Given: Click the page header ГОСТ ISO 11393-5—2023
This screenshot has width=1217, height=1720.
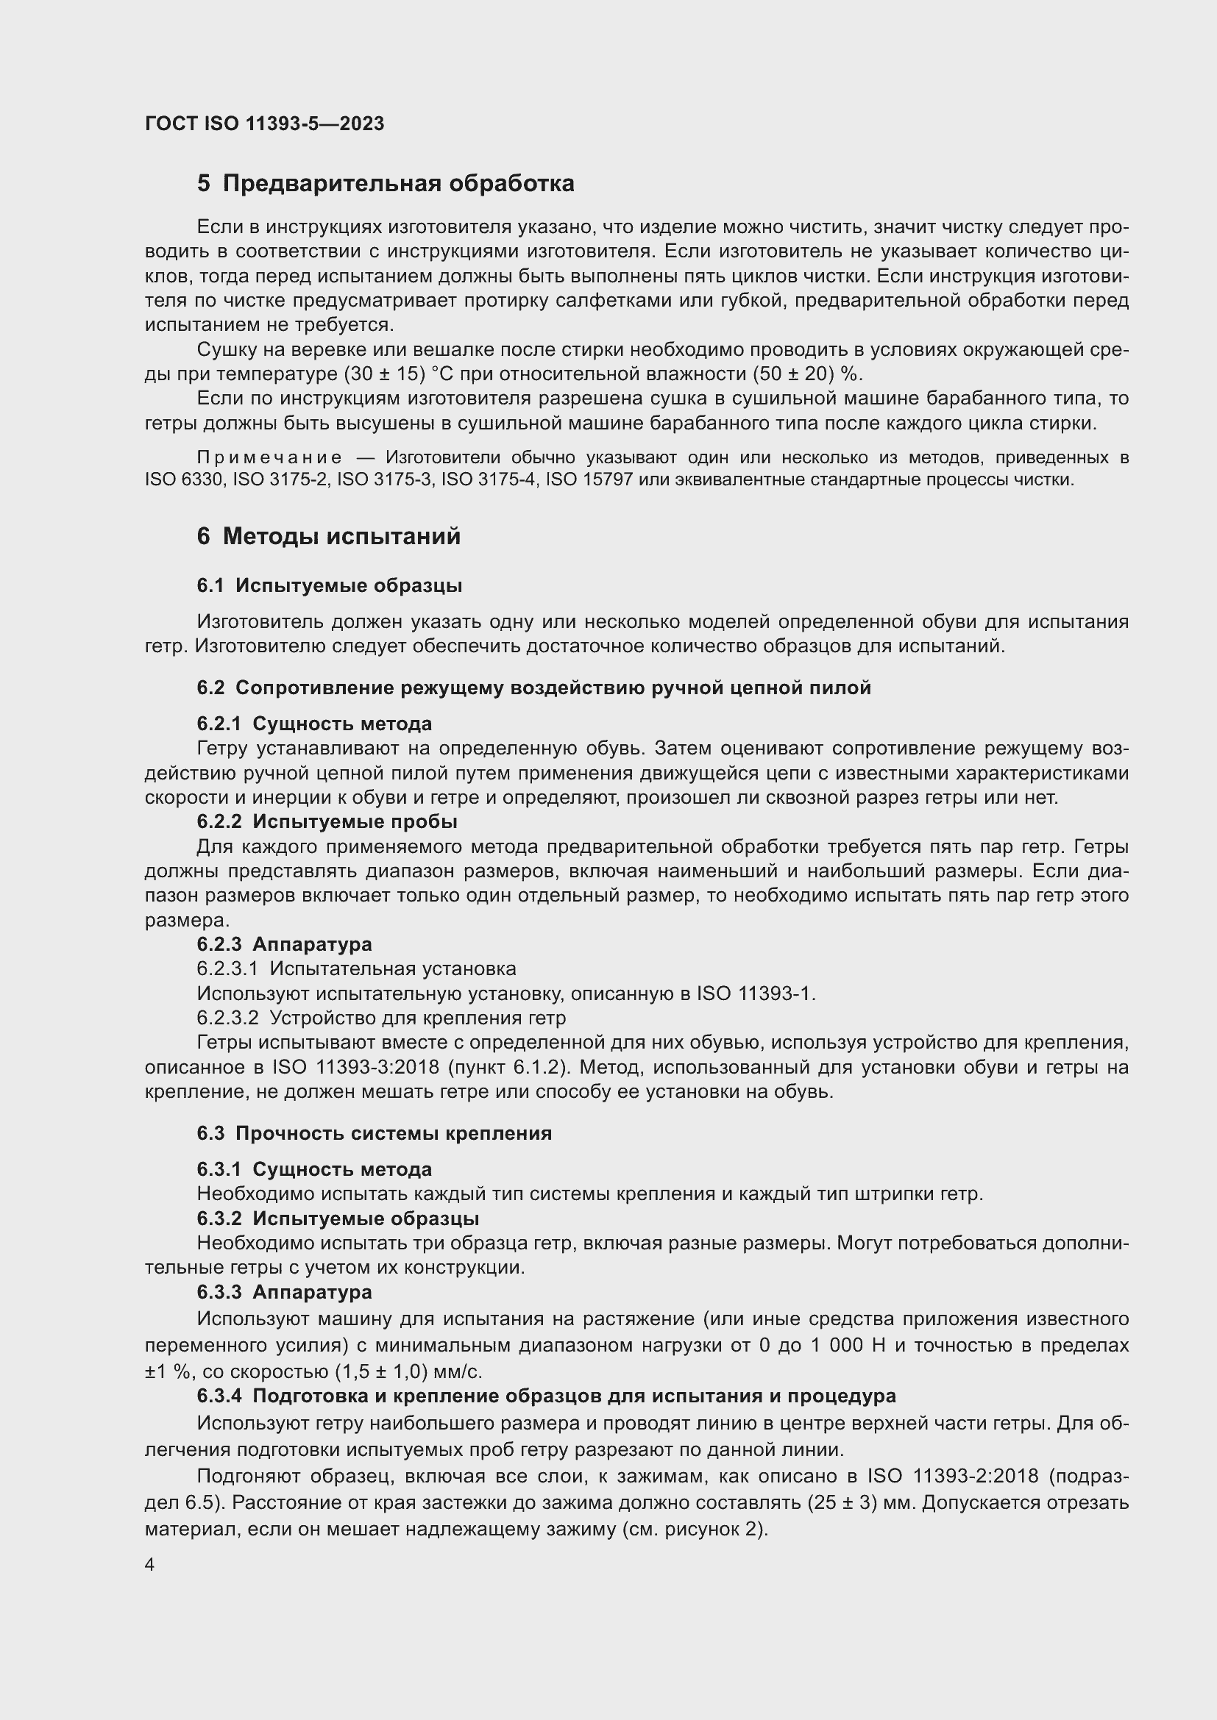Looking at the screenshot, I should point(265,124).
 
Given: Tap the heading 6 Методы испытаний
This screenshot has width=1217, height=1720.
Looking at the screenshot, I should point(328,536).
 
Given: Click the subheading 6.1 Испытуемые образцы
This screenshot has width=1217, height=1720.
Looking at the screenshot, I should point(329,586).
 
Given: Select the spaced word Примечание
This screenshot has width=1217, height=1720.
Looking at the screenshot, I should point(270,457).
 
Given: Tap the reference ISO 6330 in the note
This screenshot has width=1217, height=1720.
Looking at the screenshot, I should point(184,479).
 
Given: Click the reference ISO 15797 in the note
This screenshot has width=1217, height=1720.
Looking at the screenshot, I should point(590,479).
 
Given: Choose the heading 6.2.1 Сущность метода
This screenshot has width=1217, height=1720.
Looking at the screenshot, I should point(314,724).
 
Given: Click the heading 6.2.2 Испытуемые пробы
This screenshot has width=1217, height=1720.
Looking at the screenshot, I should point(327,822).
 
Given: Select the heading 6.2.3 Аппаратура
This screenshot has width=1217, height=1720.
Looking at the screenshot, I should point(284,944).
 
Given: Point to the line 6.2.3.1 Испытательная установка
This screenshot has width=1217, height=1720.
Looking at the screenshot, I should point(356,968).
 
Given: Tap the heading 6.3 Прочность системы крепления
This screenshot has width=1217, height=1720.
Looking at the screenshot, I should point(374,1133).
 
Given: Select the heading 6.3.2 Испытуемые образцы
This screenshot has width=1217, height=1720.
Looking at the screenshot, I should point(338,1218).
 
